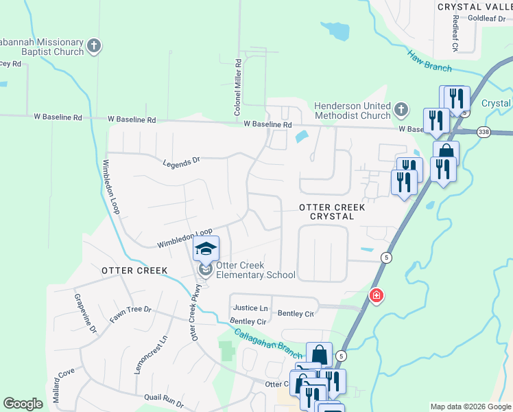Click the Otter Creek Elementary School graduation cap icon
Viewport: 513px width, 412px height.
[206, 249]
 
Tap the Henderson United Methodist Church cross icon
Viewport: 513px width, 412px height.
[401, 110]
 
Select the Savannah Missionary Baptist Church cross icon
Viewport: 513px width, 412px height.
[94, 47]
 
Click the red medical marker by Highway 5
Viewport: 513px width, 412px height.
[376, 296]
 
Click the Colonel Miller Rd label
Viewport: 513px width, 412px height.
[237, 86]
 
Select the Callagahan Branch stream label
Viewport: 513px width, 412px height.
[268, 342]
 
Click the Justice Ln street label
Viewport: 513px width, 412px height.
[250, 308]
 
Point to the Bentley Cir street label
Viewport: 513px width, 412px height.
[248, 321]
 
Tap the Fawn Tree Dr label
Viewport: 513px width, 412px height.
[130, 314]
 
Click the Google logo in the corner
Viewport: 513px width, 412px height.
[23, 403]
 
